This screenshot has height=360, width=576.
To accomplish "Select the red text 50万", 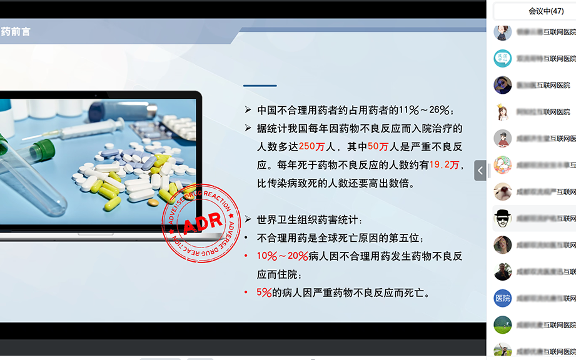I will coord(378,147).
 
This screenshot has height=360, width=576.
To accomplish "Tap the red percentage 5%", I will coord(264,292).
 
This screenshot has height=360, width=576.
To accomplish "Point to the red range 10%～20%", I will coord(282,256).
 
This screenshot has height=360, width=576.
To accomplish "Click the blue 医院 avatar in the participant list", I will coord(503,298).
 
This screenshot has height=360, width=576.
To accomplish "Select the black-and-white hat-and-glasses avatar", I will coord(503,218).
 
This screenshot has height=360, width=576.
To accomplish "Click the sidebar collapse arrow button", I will coord(480,170).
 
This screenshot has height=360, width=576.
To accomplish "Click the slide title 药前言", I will coord(16,31).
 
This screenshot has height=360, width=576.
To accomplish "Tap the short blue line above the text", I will coord(260,86).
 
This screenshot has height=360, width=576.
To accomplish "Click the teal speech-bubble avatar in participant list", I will coord(503,58).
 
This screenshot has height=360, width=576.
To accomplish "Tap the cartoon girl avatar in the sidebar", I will coord(502,112).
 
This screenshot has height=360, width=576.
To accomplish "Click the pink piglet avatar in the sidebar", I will coord(503,191).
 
